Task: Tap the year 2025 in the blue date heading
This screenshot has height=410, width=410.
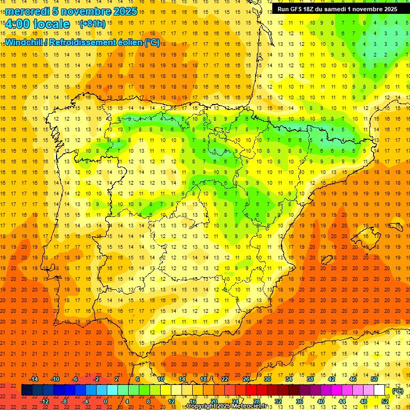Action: (x=123, y=11)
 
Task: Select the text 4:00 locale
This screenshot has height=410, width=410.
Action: (x=37, y=24)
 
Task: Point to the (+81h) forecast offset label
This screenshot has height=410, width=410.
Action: (x=92, y=24)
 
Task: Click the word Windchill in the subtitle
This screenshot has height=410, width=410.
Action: (x=25, y=43)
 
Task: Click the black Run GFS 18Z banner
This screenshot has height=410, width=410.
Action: (x=337, y=9)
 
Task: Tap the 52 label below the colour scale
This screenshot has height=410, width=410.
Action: (x=385, y=401)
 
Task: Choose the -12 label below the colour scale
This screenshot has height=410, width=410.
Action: (x=44, y=401)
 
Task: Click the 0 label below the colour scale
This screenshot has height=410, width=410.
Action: (x=106, y=401)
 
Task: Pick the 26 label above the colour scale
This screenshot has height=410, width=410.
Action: (x=246, y=379)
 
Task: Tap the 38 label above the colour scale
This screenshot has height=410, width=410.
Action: (x=310, y=379)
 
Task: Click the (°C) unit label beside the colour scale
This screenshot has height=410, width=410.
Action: (x=397, y=391)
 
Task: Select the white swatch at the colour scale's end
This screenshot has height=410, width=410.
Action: (x=380, y=390)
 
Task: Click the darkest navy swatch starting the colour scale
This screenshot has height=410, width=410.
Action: (x=27, y=390)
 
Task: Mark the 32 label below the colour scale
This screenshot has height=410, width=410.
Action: (x=278, y=401)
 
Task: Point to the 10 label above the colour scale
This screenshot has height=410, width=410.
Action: (x=161, y=379)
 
